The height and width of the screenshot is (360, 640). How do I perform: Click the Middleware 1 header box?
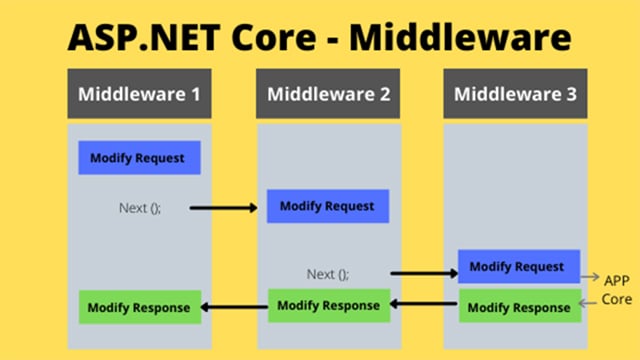139,96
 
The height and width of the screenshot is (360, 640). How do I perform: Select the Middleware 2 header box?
327,96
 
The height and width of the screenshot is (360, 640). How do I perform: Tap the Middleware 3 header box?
515,96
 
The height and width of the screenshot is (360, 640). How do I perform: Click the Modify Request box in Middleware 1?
139,158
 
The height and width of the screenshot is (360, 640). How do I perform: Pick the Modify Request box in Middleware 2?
327,206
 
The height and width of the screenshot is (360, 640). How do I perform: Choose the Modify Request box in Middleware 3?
518,267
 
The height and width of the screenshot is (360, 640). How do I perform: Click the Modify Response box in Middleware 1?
139,307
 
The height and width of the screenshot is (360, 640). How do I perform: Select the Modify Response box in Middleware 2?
328,305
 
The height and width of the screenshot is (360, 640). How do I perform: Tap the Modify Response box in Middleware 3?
518,307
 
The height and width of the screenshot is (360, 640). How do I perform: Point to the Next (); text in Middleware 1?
139,208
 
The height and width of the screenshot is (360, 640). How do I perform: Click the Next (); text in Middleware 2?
328,273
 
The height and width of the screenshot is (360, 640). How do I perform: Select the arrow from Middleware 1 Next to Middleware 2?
224,208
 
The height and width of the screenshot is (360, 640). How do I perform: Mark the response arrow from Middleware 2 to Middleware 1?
234,307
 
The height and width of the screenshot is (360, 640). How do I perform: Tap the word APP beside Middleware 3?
614,279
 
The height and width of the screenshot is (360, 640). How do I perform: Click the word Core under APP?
615,300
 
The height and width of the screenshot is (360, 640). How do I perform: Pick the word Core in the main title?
275,37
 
